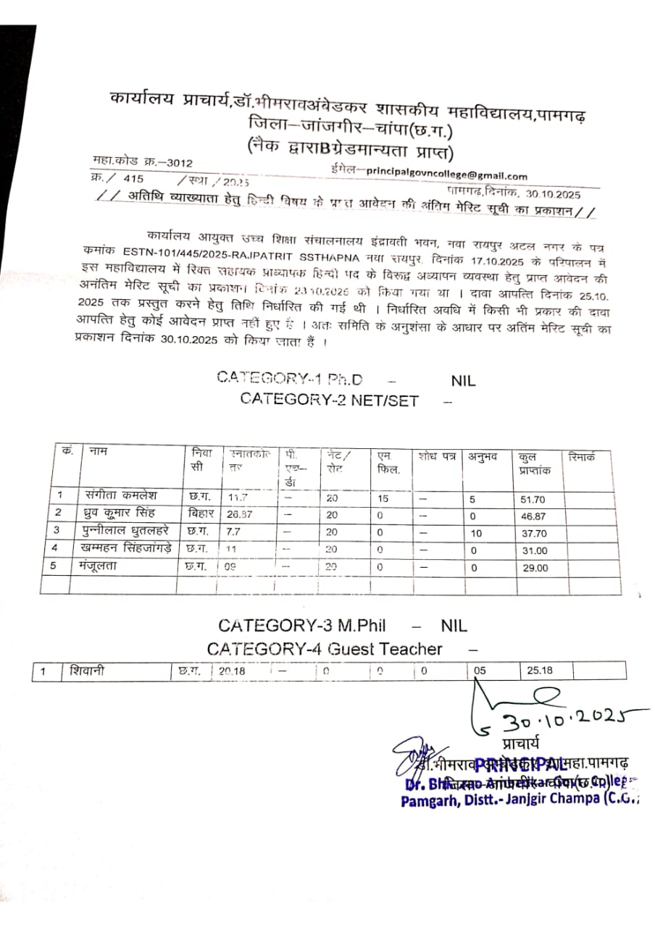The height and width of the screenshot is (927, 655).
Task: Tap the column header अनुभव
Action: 482,456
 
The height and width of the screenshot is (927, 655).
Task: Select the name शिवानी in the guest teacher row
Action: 87,671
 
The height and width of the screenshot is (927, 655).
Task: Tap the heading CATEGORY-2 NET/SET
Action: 329,400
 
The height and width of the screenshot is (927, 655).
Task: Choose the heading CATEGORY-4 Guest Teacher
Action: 324,649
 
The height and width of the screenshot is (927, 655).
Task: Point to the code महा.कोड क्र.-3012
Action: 142,162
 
